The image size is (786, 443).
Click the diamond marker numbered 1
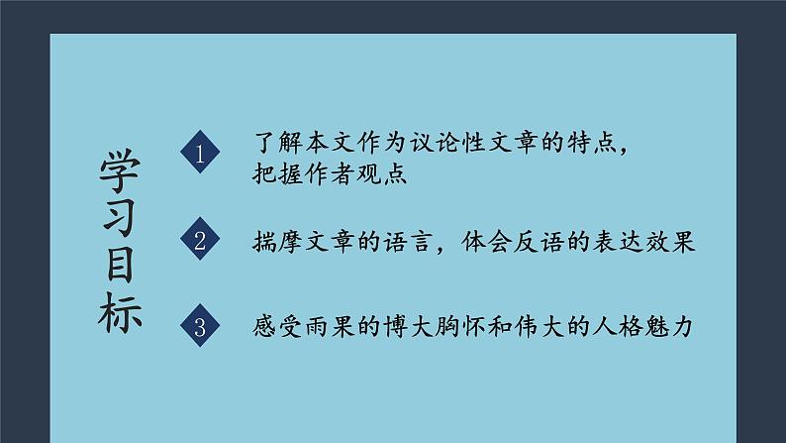pos(201,154)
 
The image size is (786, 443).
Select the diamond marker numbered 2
pos(201,241)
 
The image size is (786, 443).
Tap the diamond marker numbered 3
pos(201,328)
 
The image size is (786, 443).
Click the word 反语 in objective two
pos(553,242)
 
